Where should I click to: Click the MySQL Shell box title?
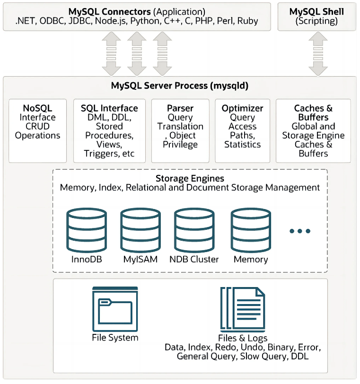pyautogui.click(x=316, y=11)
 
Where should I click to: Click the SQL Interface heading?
pyautogui.click(x=109, y=108)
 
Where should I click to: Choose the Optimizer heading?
pyautogui.click(x=242, y=108)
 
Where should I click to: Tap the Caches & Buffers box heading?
pyautogui.click(x=313, y=113)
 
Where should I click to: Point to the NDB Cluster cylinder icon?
pyautogui.click(x=194, y=230)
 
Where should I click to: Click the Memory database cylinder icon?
pyautogui.click(x=250, y=230)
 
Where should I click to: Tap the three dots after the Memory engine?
pyautogui.click(x=299, y=231)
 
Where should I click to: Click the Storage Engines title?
pyautogui.click(x=190, y=178)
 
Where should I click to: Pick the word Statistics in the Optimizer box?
pyautogui.click(x=242, y=144)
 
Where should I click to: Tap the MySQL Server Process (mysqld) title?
pyautogui.click(x=180, y=86)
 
